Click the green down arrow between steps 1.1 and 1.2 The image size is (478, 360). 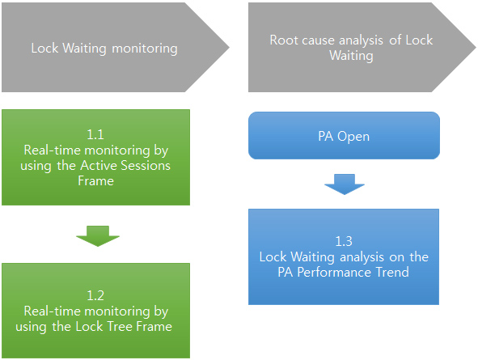click(98, 236)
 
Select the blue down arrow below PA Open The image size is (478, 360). click(345, 184)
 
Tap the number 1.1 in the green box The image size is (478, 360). click(95, 134)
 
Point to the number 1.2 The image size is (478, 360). click(95, 295)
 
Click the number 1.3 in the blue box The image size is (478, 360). click(344, 241)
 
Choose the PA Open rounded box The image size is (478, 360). click(344, 136)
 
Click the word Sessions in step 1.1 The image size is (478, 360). click(146, 166)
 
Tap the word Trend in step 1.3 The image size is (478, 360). click(392, 272)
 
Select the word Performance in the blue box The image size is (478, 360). click(334, 272)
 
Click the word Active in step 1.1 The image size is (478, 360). click(99, 166)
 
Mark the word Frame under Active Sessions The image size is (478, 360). click(95, 180)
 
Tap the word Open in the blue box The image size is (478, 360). click(353, 137)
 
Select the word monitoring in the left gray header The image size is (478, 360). click(145, 49)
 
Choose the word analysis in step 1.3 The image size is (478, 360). click(362, 257)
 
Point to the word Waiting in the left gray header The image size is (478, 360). click(84, 49)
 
